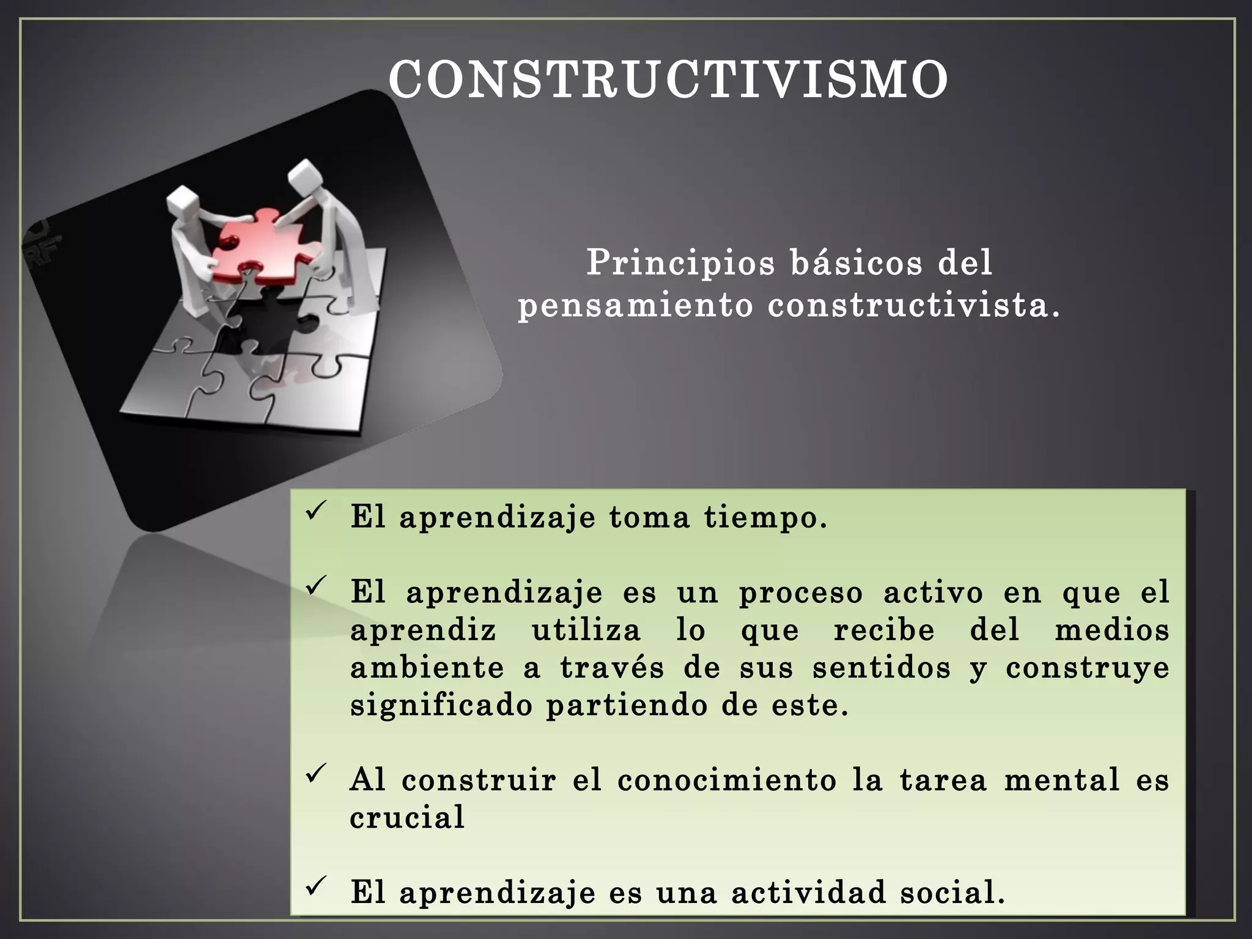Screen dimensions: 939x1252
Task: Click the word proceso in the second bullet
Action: coord(800,593)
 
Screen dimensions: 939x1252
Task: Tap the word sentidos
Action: coord(882,668)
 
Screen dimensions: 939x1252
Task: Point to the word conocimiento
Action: coord(727,781)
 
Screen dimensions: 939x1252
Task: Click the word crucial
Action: coord(407,818)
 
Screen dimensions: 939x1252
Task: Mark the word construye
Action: coord(1087,669)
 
